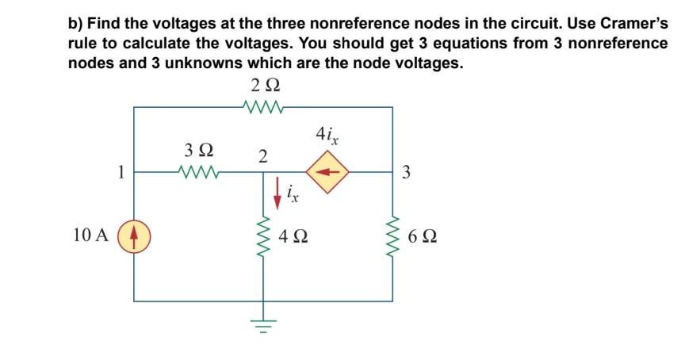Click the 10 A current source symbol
point(133,236)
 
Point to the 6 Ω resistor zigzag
point(392,236)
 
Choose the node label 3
point(406,171)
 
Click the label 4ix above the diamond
point(327,135)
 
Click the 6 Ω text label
point(425,236)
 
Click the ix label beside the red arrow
point(293,194)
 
